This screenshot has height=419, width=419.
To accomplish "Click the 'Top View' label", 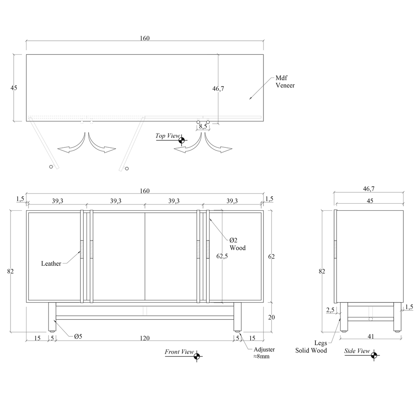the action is point(168,136).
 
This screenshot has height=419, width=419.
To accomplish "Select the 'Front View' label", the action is point(179,351).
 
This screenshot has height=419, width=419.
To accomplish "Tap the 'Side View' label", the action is point(357,351).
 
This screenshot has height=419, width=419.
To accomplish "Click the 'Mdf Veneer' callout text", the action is point(285,81).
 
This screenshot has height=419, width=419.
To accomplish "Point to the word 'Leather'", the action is point(51,263).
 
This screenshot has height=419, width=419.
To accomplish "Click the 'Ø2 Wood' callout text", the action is point(237,244).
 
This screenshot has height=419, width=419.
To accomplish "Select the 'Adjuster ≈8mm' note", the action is point(264,353).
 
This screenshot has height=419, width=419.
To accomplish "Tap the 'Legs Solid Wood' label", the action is point(311,346).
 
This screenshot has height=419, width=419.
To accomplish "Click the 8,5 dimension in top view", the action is point(203,126).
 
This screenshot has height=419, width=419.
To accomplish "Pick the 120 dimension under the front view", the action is point(145,338).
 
